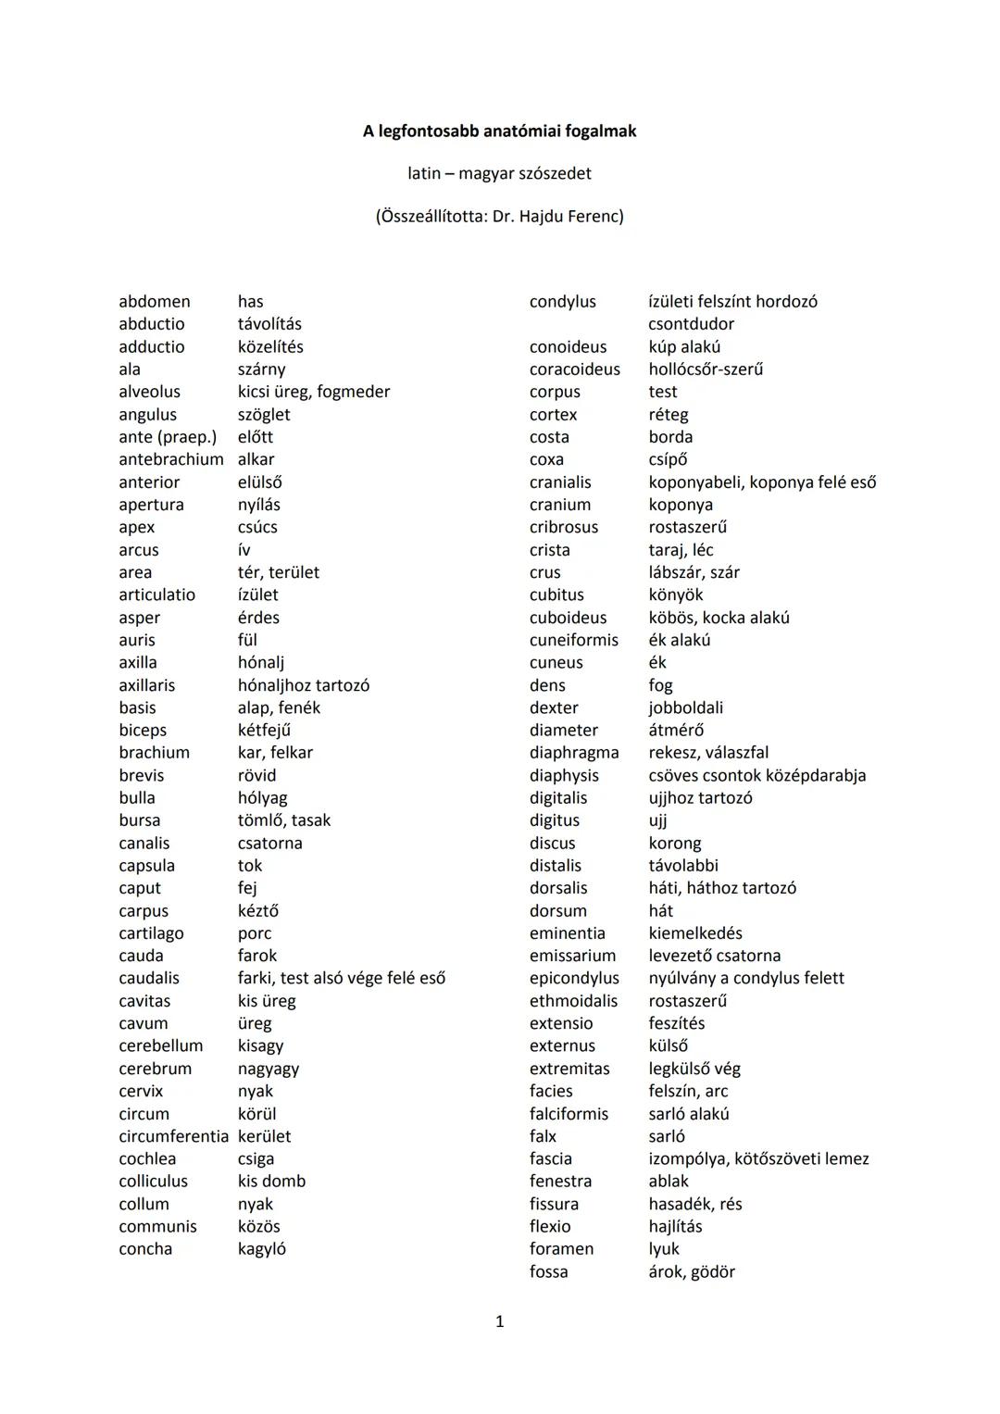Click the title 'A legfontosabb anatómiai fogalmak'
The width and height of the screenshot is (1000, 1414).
tap(499, 131)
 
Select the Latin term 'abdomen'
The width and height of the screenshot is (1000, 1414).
tap(155, 302)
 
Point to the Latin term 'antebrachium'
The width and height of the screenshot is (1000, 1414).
tap(171, 459)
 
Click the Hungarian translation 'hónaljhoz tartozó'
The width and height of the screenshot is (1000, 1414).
tap(303, 685)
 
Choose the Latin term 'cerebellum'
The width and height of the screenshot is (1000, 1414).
tap(160, 1045)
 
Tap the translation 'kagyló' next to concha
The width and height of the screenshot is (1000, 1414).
tap(261, 1249)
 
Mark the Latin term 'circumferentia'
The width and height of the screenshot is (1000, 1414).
tap(173, 1136)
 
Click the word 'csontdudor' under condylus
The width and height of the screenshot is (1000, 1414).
tap(691, 324)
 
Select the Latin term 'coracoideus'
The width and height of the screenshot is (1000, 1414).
tap(575, 369)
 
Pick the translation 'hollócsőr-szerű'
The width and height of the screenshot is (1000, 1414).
tap(706, 369)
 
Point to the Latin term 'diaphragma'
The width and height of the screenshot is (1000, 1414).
tap(574, 753)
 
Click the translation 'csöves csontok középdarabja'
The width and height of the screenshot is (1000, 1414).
tap(756, 775)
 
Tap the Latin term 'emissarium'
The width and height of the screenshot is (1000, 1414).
tap(572, 956)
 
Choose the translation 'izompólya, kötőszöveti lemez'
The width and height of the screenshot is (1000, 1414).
tap(758, 1158)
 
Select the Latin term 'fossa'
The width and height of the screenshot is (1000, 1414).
tap(549, 1271)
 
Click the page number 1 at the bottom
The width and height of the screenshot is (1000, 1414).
tap(500, 1321)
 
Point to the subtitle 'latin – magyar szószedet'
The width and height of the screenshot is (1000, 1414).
tap(499, 174)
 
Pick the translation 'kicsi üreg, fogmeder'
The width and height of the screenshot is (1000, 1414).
tap(313, 392)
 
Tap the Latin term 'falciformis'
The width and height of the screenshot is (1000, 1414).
tap(569, 1114)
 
